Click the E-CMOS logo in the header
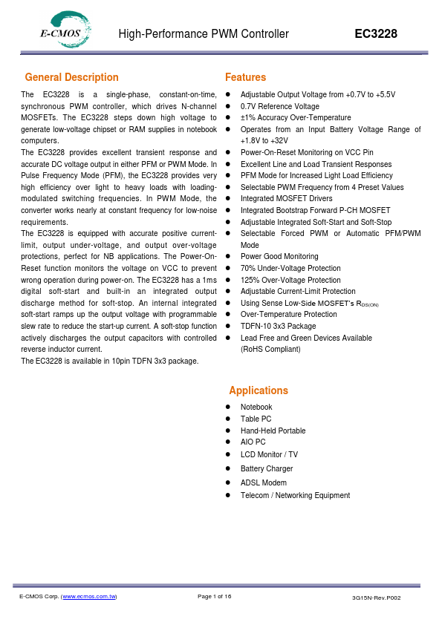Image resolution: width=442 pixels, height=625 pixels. coord(66,30)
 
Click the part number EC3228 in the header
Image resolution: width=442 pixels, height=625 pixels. coord(375,34)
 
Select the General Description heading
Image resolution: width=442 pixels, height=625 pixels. coord(71,77)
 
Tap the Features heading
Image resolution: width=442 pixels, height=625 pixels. coord(245,77)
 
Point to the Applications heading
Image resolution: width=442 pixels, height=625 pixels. coord(259,390)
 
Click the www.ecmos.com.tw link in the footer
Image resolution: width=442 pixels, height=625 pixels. coord(89,597)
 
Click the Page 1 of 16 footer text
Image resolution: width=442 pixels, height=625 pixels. coord(215,597)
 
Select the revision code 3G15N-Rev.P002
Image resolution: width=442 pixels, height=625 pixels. coord(377,598)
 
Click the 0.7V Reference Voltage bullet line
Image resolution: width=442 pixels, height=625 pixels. coord(279,106)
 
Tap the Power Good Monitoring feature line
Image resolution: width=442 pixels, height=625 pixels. coord(279,257)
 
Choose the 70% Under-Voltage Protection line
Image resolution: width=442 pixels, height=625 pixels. coord(290,268)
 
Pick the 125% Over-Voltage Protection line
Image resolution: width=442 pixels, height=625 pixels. coord(290,280)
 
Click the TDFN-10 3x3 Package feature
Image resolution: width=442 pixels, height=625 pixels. coord(278,326)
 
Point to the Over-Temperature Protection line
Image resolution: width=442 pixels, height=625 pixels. coord(288,314)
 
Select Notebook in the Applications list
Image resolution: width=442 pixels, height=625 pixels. coord(256,407)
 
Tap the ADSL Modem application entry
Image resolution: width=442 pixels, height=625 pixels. coord(263,482)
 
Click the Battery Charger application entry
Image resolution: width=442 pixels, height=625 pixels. coord(267,468)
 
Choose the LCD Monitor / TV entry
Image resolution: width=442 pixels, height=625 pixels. coord(269,454)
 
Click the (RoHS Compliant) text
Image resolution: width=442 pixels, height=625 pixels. coord(270,349)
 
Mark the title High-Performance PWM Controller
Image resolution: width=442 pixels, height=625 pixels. coord(204,34)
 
